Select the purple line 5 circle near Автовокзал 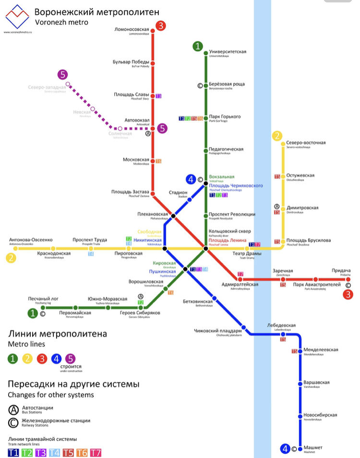(163, 128)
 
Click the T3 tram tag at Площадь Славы (158, 96)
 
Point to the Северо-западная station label (46, 87)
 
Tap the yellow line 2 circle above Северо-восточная (277, 136)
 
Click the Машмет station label (313, 447)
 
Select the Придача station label (341, 271)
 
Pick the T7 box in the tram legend (96, 452)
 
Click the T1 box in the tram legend (13, 452)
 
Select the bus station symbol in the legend (14, 410)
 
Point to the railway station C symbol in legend (14, 423)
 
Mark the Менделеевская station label (321, 350)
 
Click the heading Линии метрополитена (57, 334)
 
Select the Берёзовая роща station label (227, 84)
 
